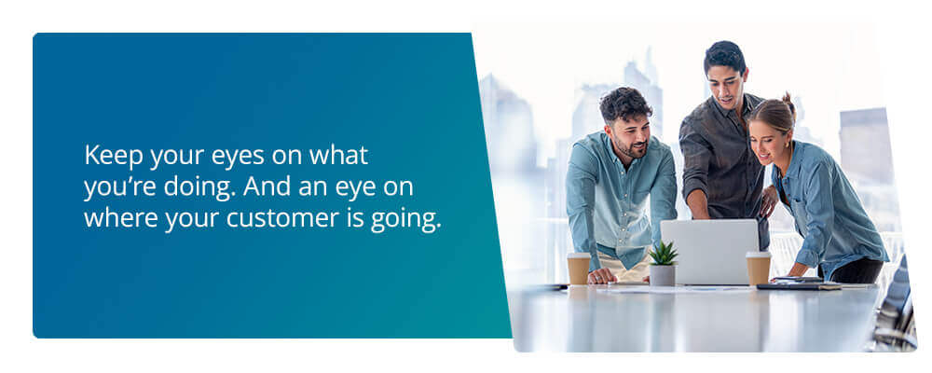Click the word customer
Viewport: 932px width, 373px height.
click(283, 219)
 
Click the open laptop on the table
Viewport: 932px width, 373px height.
click(709, 252)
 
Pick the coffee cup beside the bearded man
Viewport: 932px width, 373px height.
click(579, 269)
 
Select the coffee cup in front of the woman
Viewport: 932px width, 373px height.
click(759, 268)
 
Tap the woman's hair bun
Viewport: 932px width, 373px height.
click(788, 103)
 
